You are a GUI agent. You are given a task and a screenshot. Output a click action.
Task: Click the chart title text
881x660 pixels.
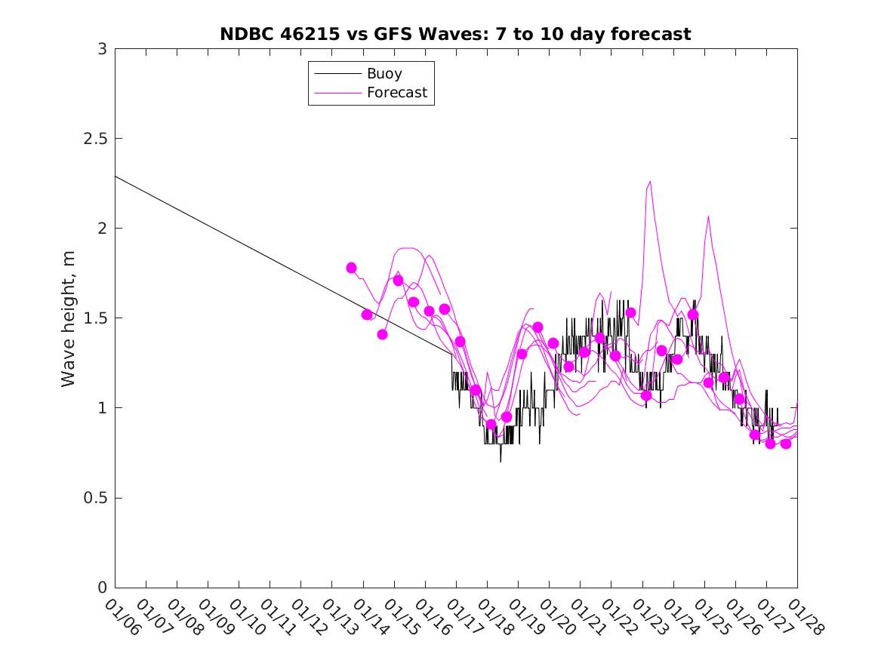(x=455, y=34)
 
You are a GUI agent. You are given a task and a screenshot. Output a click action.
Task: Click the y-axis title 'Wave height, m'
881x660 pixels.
(x=69, y=318)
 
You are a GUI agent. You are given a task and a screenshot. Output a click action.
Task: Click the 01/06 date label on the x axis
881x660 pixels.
(x=122, y=618)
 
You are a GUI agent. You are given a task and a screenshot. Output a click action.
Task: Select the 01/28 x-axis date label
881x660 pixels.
(x=805, y=618)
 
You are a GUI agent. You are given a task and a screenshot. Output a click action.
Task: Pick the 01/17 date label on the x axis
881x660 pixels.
(x=464, y=618)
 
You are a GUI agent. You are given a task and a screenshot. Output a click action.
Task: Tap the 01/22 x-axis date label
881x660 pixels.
(x=619, y=618)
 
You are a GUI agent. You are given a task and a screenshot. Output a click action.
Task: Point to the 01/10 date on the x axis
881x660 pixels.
(x=246, y=618)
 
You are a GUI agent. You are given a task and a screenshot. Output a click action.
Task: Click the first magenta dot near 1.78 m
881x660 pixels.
(x=351, y=268)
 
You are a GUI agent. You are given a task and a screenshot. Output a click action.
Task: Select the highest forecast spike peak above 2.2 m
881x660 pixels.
(x=650, y=182)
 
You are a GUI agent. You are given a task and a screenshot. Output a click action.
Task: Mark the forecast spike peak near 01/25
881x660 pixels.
(x=708, y=216)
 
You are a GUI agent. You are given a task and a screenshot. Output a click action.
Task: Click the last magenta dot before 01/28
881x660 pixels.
(x=786, y=444)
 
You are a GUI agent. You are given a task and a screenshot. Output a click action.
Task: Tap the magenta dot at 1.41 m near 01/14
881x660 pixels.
(x=382, y=334)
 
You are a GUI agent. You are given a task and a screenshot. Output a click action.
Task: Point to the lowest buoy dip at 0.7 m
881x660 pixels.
(x=501, y=461)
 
